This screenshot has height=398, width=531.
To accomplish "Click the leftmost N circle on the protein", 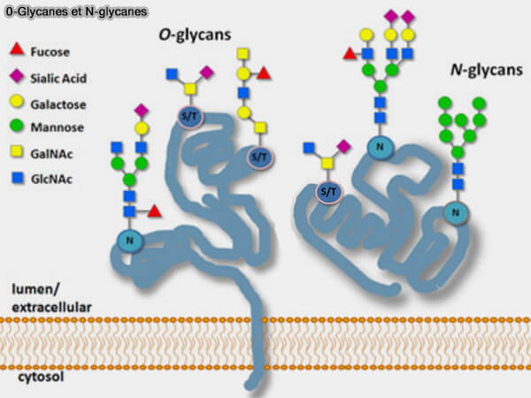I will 130,240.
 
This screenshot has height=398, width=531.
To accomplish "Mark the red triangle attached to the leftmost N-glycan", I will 154,211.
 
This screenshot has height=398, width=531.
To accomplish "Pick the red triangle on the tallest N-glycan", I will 350,55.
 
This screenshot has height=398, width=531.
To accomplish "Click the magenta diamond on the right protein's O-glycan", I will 344,145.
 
